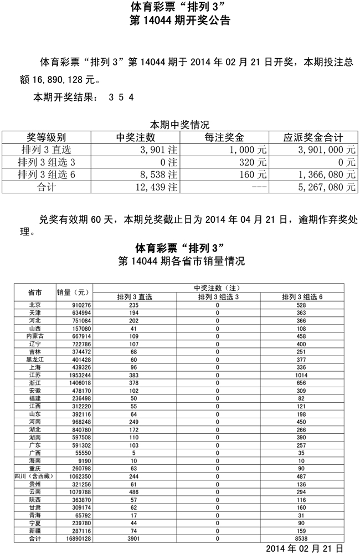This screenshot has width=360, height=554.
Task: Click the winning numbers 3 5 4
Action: pos(122,97)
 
